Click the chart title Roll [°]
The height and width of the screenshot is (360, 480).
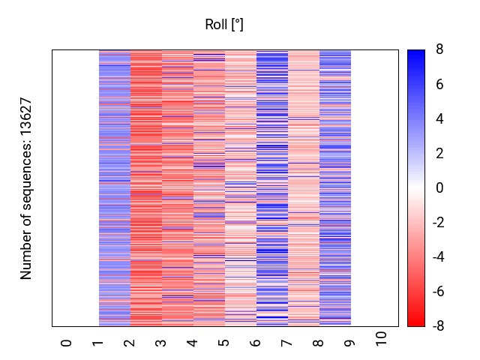[224, 25]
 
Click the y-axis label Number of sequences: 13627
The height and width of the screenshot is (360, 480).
[27, 188]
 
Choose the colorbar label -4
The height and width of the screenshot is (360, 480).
[437, 257]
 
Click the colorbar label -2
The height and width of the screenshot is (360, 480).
[437, 223]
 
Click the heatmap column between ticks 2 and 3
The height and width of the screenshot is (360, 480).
[145, 187]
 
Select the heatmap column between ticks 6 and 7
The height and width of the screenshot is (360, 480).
[271, 187]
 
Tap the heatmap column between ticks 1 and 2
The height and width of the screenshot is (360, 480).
[114, 187]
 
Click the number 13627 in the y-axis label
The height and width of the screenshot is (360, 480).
[27, 118]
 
